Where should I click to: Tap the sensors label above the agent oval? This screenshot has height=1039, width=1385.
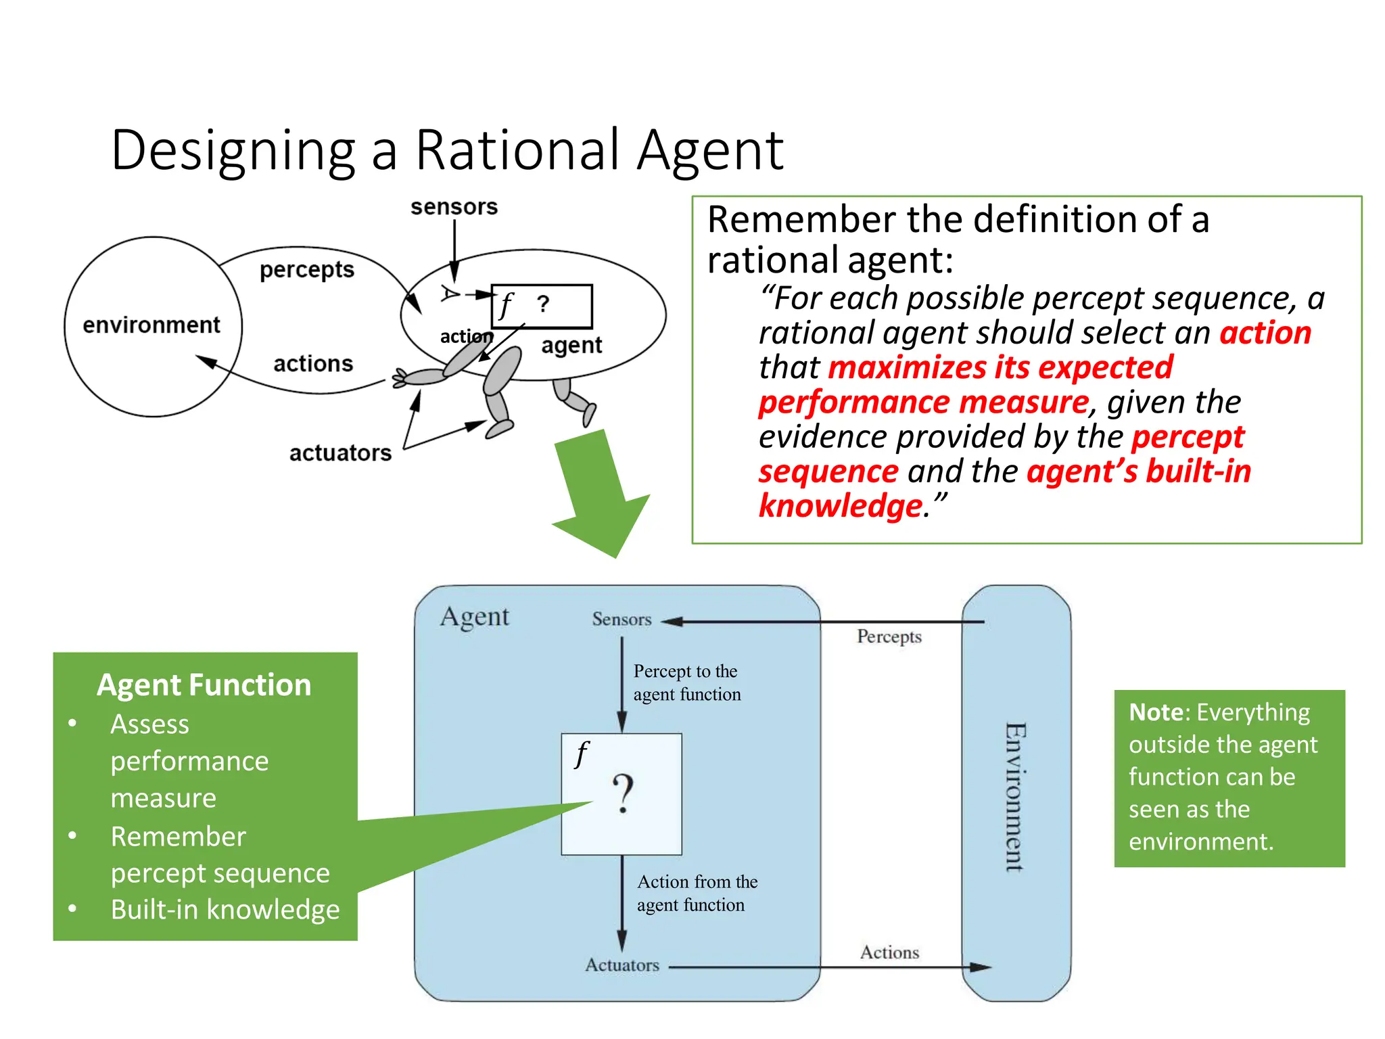pos(454,207)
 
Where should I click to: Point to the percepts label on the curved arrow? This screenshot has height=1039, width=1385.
pos(307,270)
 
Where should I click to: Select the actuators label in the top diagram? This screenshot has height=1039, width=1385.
pos(340,453)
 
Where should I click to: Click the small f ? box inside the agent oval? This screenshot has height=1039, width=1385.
pos(542,306)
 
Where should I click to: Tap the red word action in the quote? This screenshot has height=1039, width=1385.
pos(1265,333)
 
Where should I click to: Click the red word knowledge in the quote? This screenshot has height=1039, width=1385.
pos(841,506)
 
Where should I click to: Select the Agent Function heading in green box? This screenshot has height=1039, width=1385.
pos(204,685)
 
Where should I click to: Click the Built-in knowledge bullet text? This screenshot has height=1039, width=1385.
pos(225,910)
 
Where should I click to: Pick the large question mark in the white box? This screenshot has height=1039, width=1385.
pos(623,795)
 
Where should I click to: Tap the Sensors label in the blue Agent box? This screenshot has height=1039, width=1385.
pos(621,620)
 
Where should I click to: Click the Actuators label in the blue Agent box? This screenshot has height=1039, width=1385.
pos(621,965)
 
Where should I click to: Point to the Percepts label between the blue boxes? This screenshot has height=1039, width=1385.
pos(889,637)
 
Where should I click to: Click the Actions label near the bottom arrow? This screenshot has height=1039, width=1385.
pos(889,952)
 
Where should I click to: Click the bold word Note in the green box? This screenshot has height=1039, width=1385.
pos(1156,712)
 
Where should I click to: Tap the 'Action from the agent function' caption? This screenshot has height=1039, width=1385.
pos(697,894)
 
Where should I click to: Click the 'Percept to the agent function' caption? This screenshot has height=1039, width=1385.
pos(686,683)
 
